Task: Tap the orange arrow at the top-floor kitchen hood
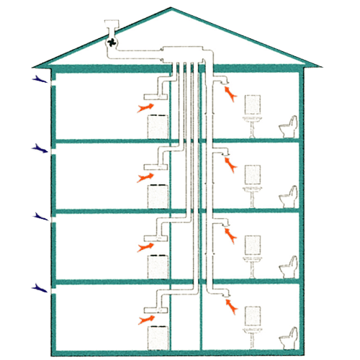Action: click(145, 107)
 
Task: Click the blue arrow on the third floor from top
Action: click(36, 217)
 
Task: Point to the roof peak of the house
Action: click(171, 9)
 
